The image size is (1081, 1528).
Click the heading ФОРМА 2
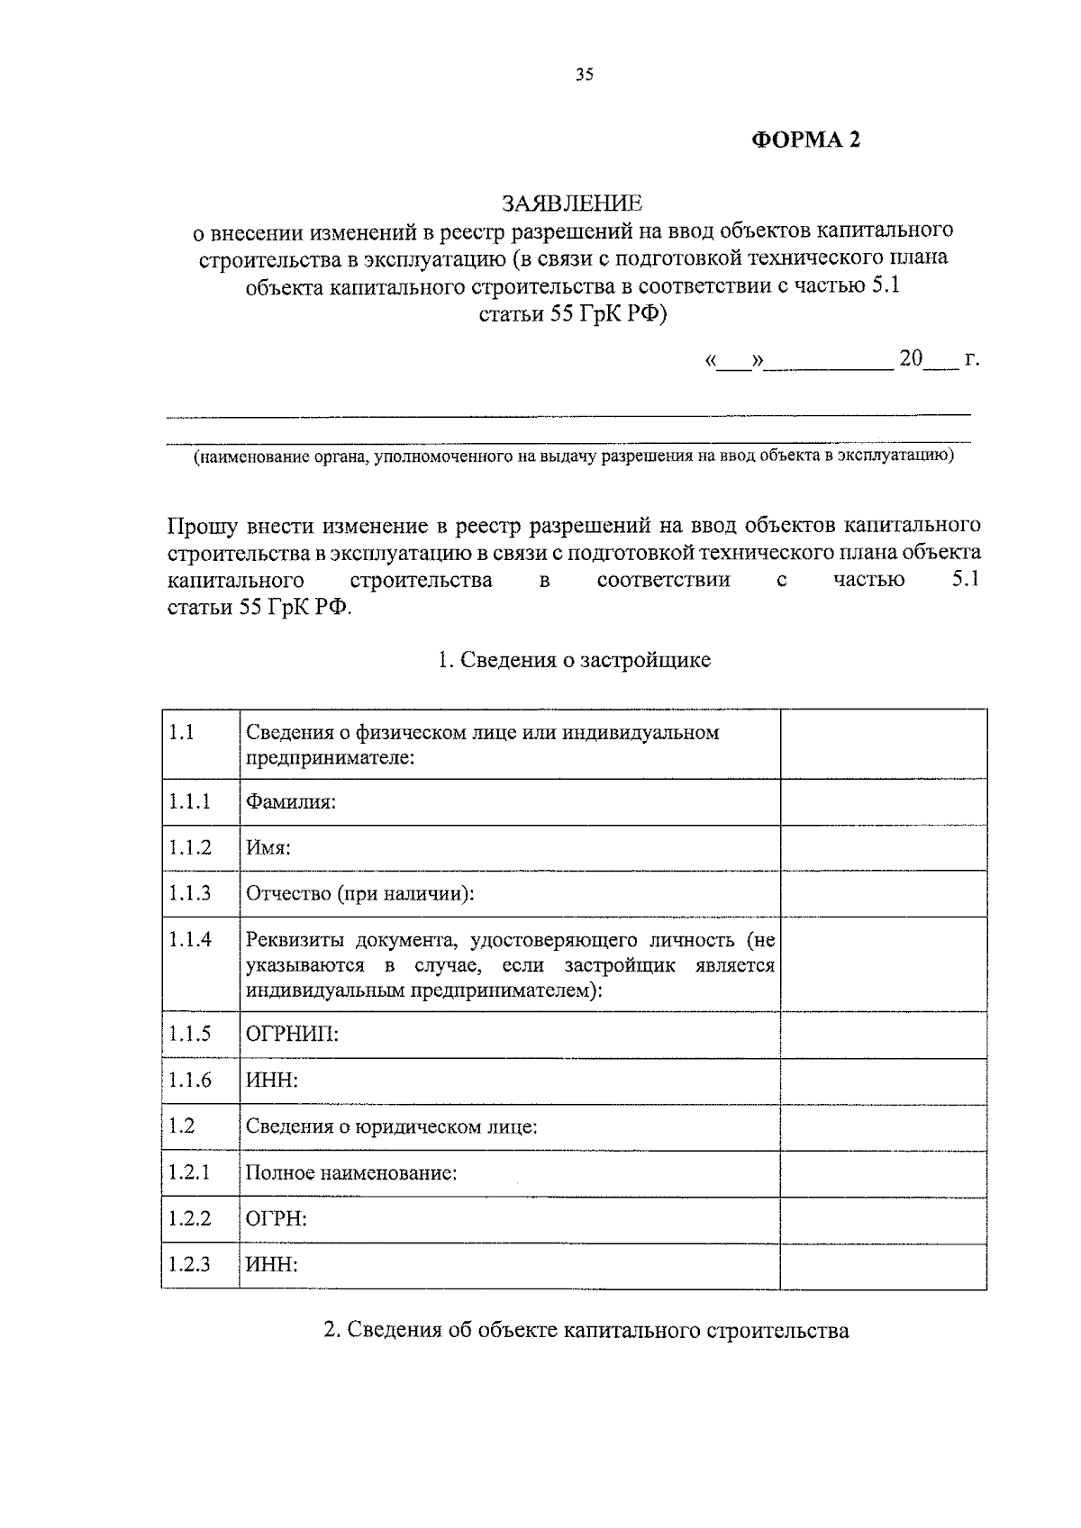click(x=806, y=140)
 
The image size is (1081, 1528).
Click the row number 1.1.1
click(x=189, y=801)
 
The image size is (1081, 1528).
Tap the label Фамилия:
click(x=291, y=801)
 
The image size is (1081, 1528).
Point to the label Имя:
click(x=268, y=848)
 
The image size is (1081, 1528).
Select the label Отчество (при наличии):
click(x=359, y=894)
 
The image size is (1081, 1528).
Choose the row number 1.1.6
click(x=189, y=1080)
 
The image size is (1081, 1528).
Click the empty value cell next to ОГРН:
click(x=883, y=1219)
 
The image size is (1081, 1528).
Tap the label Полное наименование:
click(x=351, y=1173)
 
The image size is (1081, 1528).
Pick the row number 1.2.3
click(x=189, y=1264)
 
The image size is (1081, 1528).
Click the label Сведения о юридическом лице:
click(x=392, y=1126)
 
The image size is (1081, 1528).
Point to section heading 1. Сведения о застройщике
click(x=574, y=660)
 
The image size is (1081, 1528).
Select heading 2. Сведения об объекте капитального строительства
click(x=586, y=1330)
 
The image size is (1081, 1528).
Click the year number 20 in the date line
click(x=911, y=358)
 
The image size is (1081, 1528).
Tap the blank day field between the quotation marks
click(x=734, y=362)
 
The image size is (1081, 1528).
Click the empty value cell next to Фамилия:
click(x=883, y=801)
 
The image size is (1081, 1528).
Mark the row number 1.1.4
click(x=189, y=940)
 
